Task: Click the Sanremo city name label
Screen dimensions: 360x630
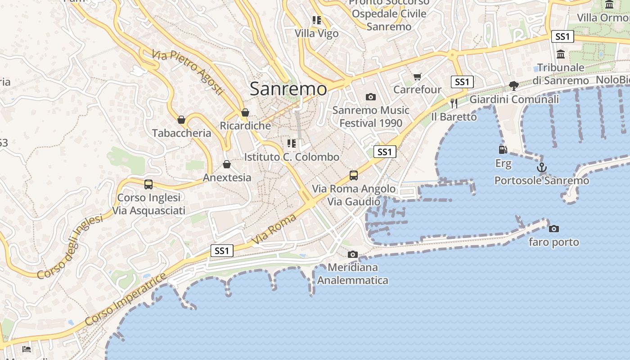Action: coord(288,89)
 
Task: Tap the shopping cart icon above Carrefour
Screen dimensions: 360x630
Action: coord(417,76)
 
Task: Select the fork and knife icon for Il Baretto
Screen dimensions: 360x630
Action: coord(454,103)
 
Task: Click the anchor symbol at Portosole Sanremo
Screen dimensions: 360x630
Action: coord(542,168)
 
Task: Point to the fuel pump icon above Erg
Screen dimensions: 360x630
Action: coord(503,150)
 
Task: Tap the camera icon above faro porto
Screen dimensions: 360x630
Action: coord(554,229)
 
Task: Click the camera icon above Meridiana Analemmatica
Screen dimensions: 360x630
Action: coord(353,254)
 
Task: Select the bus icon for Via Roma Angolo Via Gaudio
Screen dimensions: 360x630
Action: coord(354,175)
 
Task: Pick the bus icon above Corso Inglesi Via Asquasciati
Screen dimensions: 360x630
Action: coord(148,184)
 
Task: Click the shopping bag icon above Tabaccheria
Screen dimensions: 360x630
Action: coord(181,120)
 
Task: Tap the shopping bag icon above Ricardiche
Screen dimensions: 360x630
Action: coord(245,112)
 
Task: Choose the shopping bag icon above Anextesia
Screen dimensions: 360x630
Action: coord(227,164)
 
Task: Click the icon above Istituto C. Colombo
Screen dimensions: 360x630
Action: coord(292,144)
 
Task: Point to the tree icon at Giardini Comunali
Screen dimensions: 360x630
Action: coord(513,85)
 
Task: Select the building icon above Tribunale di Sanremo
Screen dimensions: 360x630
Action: coord(561,54)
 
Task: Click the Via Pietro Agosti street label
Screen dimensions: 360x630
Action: coord(188,72)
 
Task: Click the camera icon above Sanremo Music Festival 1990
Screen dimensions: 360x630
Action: coord(371,97)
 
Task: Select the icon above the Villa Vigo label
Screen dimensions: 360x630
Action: coord(317,20)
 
